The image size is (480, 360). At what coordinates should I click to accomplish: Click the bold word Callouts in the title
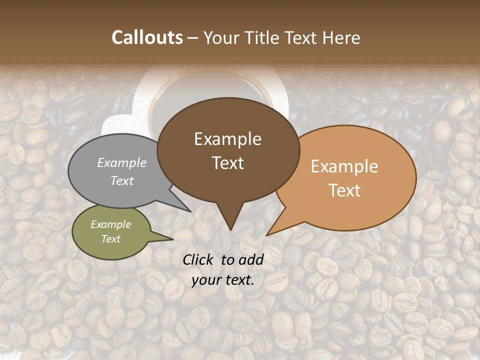(x=147, y=37)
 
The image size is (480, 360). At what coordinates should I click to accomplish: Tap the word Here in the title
(x=341, y=37)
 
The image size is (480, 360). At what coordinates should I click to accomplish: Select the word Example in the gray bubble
(x=122, y=162)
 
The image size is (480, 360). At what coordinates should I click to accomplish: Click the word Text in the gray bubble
(x=122, y=180)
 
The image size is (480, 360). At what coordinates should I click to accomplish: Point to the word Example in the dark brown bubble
(x=227, y=139)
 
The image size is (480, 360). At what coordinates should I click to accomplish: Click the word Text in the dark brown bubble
(x=227, y=163)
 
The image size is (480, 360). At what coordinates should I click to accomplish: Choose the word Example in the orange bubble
(x=344, y=166)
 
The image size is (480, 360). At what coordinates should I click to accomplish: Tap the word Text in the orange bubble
(x=344, y=190)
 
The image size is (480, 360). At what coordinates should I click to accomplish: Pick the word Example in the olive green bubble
(x=110, y=224)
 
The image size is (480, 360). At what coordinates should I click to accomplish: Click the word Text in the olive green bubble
(x=110, y=239)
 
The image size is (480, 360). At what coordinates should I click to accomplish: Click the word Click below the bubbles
(x=199, y=259)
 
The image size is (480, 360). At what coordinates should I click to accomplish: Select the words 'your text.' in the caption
(x=223, y=280)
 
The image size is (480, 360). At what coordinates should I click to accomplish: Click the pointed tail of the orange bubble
(x=268, y=234)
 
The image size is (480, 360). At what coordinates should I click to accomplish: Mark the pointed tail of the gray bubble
(x=189, y=210)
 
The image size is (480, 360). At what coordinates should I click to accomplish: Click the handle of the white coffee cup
(x=115, y=125)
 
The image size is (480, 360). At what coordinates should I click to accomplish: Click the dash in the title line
(x=193, y=37)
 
